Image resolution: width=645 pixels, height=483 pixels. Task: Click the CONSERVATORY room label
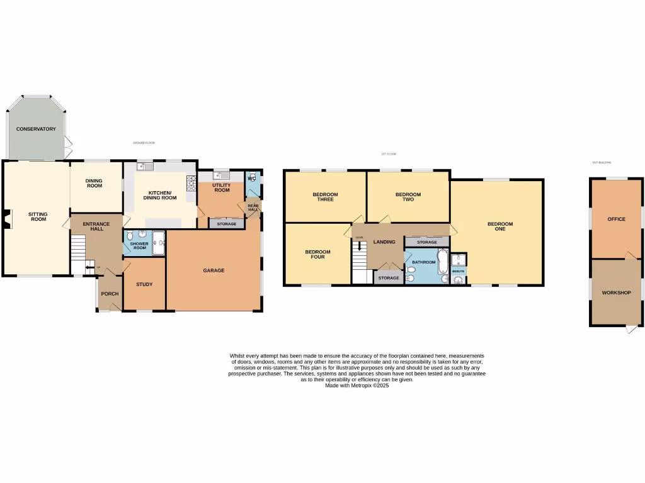(x=36, y=129)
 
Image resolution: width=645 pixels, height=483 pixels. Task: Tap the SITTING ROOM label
(x=38, y=216)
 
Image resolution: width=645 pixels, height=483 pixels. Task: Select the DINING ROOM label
(x=94, y=183)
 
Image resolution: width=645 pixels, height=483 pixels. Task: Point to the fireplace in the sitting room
(x=6, y=217)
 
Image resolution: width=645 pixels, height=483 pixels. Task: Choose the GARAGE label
(x=214, y=270)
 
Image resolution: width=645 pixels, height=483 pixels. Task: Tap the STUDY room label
(x=144, y=284)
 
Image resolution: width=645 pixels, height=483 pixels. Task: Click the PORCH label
(x=110, y=294)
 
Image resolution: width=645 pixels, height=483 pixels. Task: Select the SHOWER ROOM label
(x=139, y=246)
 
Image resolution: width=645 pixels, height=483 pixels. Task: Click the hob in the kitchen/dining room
(x=191, y=182)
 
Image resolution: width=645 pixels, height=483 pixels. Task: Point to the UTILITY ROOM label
(x=222, y=187)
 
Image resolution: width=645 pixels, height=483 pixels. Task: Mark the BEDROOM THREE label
(x=325, y=197)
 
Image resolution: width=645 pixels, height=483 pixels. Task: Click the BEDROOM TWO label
(x=408, y=197)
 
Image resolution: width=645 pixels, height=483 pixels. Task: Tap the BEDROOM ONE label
(x=500, y=226)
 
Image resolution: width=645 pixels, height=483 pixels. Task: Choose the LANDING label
(x=384, y=241)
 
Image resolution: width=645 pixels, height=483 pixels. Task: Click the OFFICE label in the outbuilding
(x=616, y=219)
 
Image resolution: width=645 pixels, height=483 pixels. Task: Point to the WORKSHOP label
(x=616, y=292)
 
